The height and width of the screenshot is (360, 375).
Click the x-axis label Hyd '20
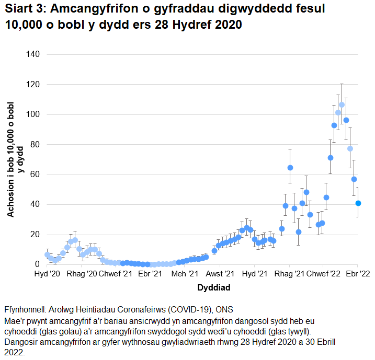[47, 274]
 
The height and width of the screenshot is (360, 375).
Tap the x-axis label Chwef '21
[116, 274]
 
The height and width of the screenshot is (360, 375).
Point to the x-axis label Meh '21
[185, 274]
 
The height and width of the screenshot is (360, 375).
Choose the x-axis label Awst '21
[220, 274]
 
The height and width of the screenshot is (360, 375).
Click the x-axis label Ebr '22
[358, 274]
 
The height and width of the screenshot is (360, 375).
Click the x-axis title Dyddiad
[214, 287]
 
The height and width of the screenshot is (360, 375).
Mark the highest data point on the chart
[342, 105]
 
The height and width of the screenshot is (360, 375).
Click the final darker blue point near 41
[358, 203]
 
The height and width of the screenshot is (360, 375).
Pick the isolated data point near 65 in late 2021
[290, 168]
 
